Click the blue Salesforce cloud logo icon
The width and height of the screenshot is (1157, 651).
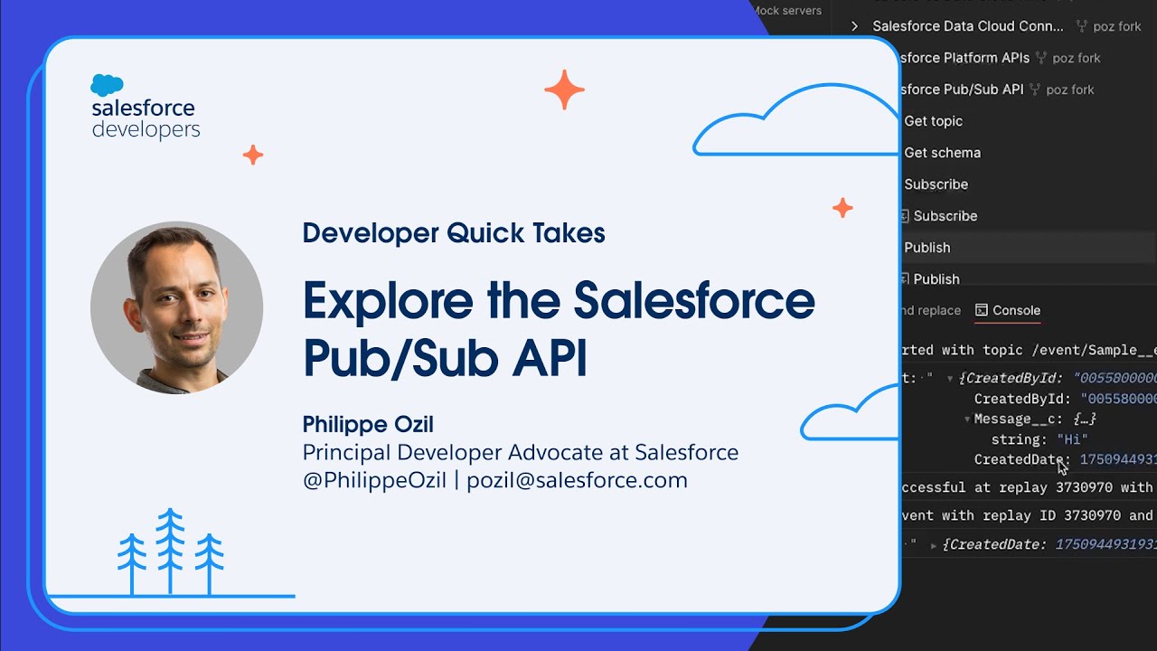[x=107, y=85]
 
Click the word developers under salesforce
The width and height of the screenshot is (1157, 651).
[x=146, y=130]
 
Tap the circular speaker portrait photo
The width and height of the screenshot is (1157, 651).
[x=176, y=307]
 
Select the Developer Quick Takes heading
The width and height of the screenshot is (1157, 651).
[x=453, y=233]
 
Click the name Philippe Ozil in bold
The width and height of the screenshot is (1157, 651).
[x=368, y=424]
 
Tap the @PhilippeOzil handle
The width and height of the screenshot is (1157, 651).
[x=374, y=480]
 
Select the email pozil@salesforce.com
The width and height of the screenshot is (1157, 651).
[x=577, y=480]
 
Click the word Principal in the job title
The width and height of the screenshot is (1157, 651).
[x=347, y=452]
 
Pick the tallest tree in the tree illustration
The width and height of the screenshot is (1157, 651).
[x=170, y=552]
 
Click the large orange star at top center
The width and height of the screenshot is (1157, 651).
[x=564, y=90]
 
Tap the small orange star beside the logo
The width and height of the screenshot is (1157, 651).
[x=253, y=155]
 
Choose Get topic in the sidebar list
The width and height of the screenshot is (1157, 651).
[x=933, y=121]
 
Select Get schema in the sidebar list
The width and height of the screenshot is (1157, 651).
[x=942, y=153]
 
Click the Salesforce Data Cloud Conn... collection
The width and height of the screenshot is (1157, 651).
[x=967, y=26]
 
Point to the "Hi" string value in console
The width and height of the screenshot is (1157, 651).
[x=1072, y=439]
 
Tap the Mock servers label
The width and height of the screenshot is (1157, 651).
[x=787, y=11]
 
